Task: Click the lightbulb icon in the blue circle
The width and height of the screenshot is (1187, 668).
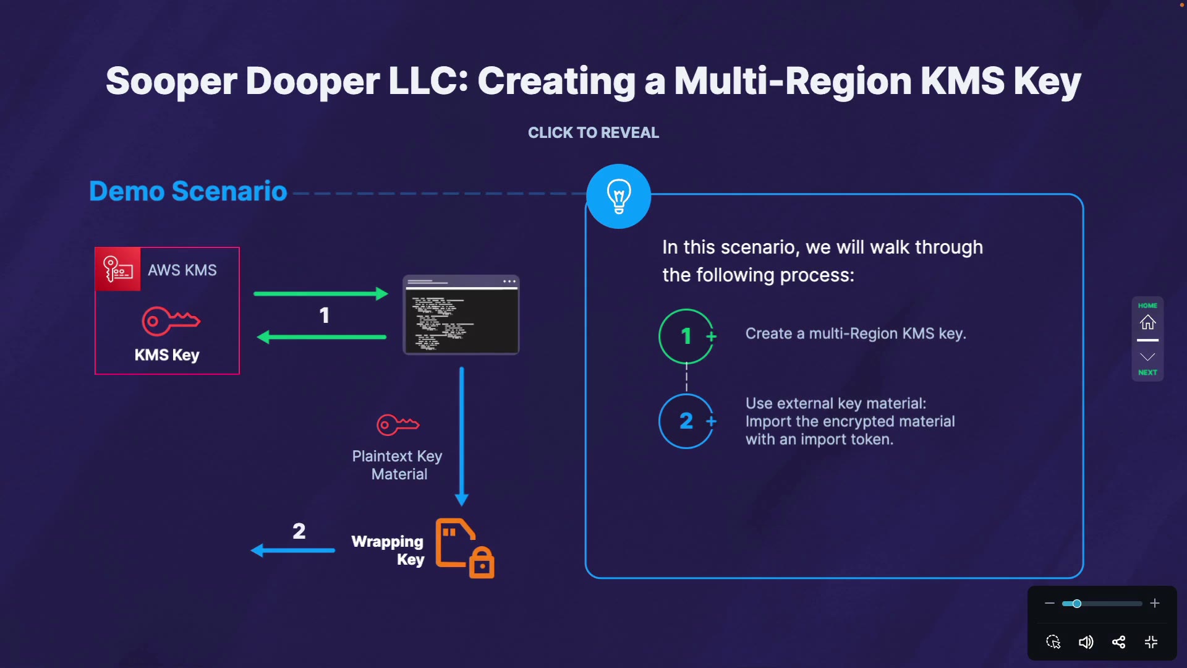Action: [618, 196]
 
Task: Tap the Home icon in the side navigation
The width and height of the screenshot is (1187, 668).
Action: [1147, 322]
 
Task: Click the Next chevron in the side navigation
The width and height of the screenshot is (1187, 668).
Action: [1147, 358]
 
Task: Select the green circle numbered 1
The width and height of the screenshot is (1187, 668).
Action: [686, 336]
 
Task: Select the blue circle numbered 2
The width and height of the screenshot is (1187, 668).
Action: [686, 421]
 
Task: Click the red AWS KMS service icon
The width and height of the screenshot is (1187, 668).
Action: [118, 270]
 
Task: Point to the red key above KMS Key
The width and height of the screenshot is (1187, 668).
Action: [171, 321]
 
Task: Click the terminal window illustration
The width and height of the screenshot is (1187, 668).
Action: [461, 315]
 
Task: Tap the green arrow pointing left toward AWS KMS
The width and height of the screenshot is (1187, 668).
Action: [321, 337]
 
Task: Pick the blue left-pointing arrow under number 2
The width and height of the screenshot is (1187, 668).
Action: [293, 550]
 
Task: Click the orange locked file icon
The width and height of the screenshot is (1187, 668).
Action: [464, 548]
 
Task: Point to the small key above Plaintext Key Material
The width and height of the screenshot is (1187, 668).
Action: [398, 425]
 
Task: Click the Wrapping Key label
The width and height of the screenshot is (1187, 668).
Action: [388, 550]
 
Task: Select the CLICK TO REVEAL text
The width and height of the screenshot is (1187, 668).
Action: [593, 133]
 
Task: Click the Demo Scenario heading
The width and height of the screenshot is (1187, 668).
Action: [188, 191]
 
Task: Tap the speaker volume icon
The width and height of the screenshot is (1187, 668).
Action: [1086, 642]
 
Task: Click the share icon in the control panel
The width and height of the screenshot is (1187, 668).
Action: [1118, 642]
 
